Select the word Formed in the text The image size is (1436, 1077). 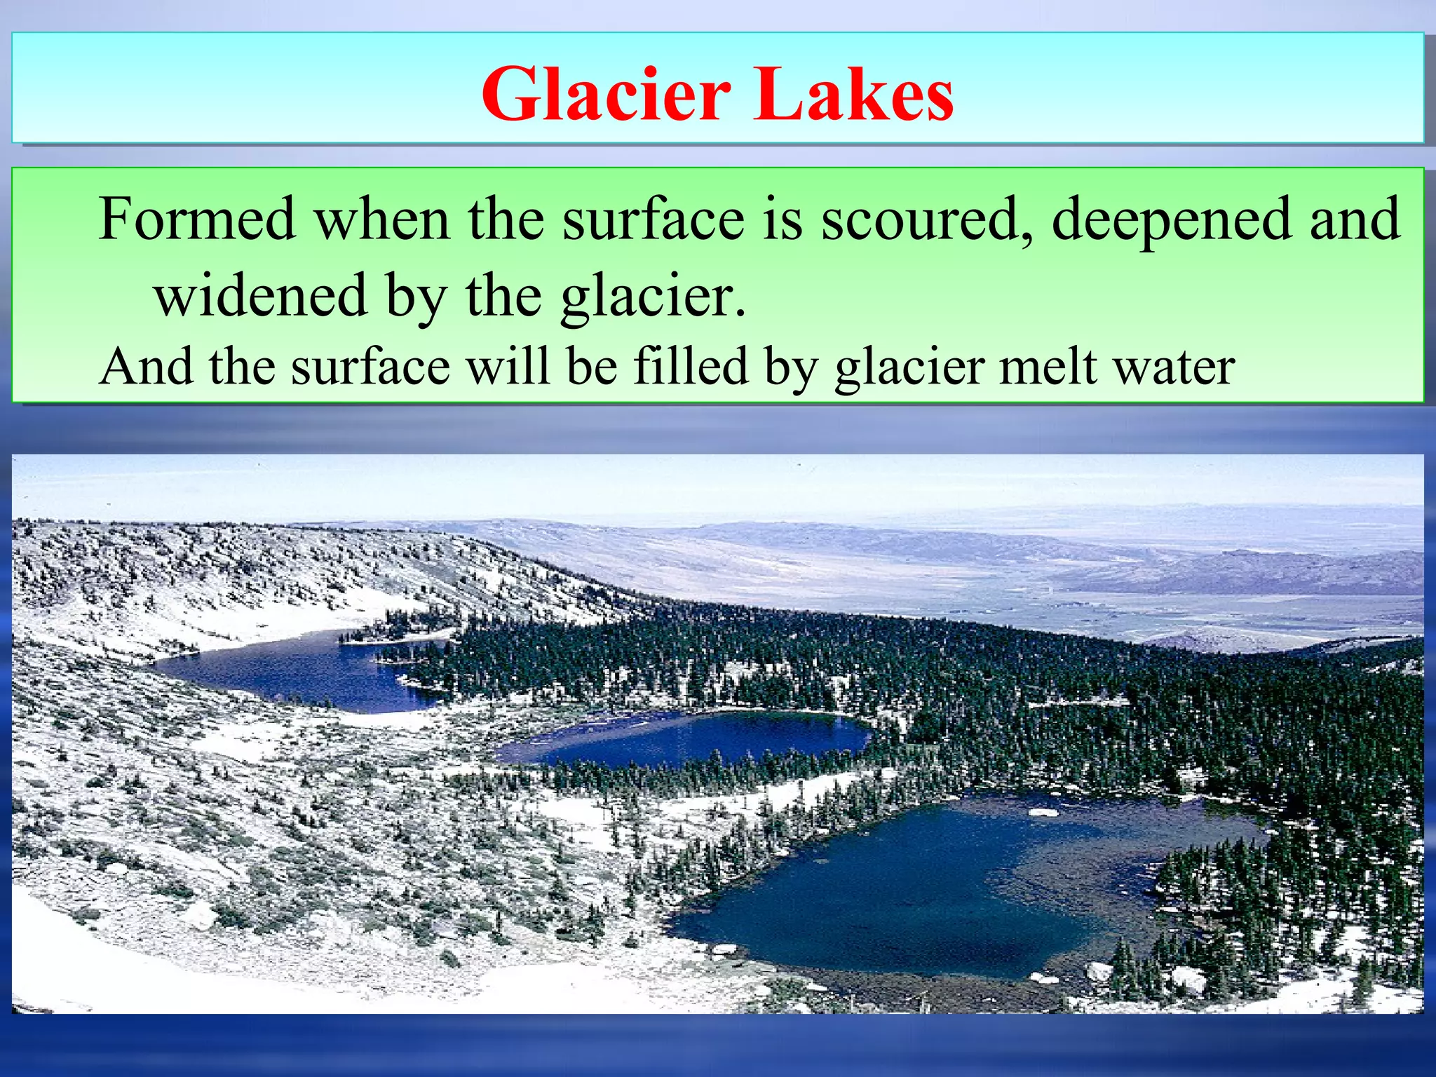tap(197, 220)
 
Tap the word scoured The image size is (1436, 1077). tap(928, 220)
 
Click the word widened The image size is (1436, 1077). tap(261, 296)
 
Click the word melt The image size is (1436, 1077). tap(1048, 367)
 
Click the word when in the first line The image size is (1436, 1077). tap(382, 220)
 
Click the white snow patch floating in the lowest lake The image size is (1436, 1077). tap(1043, 812)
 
